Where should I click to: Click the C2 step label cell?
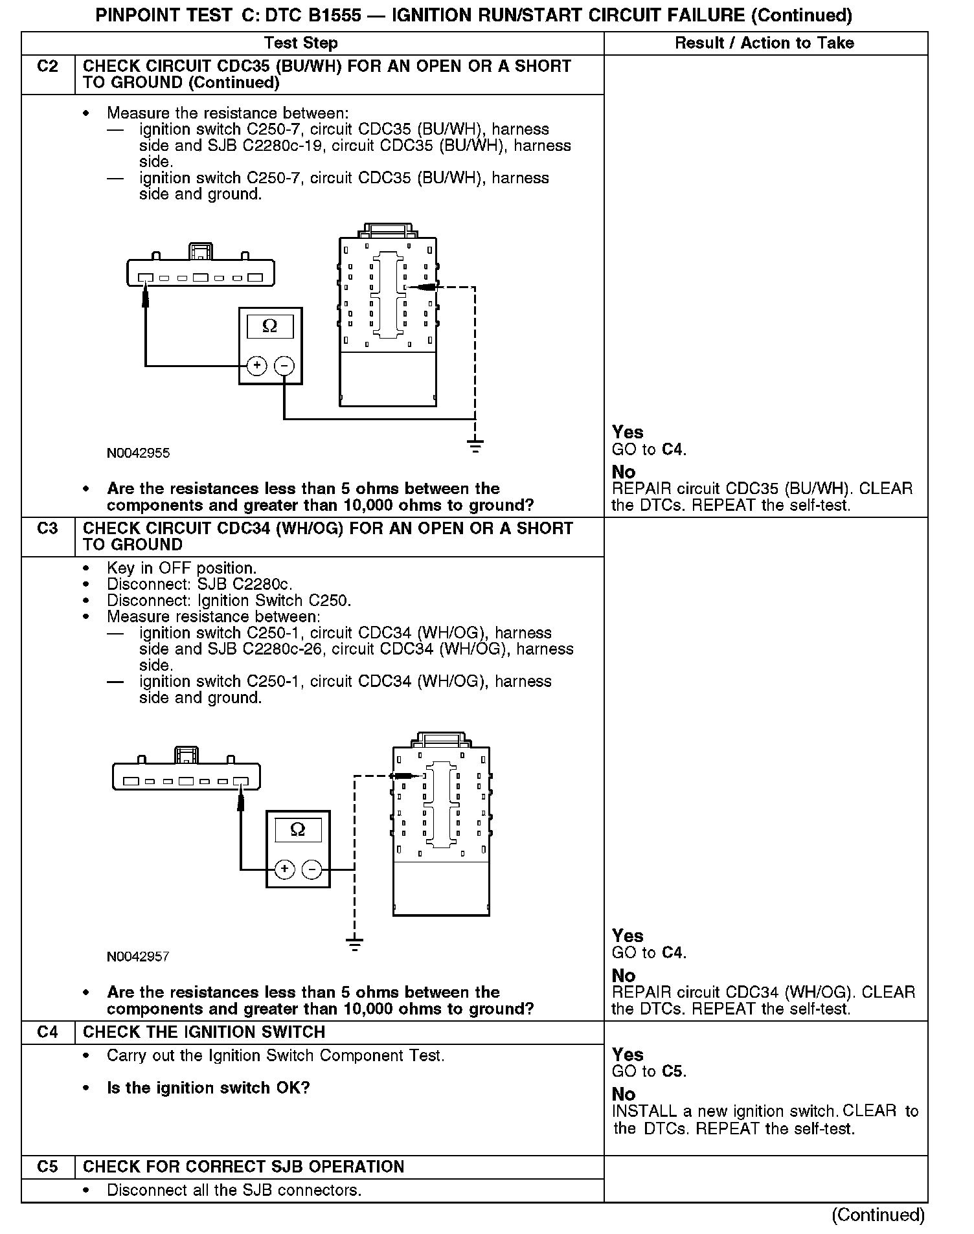(x=48, y=67)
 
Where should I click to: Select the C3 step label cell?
(x=48, y=529)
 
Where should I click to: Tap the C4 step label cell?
(x=48, y=1032)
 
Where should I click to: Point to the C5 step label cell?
(x=48, y=1167)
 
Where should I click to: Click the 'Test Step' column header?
(x=300, y=43)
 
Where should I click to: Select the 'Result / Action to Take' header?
(x=764, y=43)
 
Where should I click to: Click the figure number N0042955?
(x=138, y=453)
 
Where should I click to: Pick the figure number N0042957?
(x=138, y=957)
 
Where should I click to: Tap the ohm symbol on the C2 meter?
(x=270, y=326)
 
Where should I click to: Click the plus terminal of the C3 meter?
(x=284, y=869)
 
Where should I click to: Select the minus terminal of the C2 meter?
(x=284, y=366)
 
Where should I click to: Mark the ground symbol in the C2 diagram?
(x=475, y=445)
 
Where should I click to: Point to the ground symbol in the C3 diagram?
(x=354, y=945)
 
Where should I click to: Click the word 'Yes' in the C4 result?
(x=627, y=1055)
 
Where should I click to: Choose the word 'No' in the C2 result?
(x=623, y=472)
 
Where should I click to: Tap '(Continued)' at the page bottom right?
(x=878, y=1215)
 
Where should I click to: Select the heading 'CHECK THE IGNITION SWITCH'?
(x=204, y=1032)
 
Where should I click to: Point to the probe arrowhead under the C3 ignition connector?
(x=241, y=803)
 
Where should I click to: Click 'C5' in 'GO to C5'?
(x=673, y=1071)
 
